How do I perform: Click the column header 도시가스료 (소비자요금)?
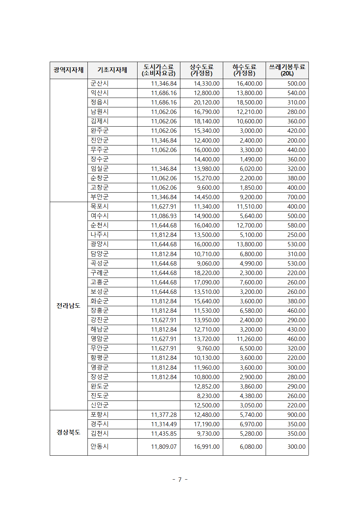coord(159,70)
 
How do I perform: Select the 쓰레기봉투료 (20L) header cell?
coord(287,70)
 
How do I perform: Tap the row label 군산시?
coord(99,83)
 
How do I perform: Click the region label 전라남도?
coord(68,306)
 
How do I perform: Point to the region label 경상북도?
coord(68,432)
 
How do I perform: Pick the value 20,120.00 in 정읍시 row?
coord(206,102)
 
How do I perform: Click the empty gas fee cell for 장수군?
coord(159,159)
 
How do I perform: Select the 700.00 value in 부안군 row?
coord(296,197)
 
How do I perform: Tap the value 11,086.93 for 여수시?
coord(164,216)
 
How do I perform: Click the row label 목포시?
coord(99,206)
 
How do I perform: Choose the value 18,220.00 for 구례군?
coord(206,273)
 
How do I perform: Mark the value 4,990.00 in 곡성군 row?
coord(251,263)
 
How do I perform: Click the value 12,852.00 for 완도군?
coord(206,386)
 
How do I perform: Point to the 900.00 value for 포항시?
coord(296,415)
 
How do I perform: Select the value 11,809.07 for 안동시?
coord(164,447)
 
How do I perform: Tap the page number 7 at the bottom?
coord(180,480)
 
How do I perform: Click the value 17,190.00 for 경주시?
coord(206,424)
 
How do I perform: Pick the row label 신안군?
coord(99,405)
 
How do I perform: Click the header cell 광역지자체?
coord(69,70)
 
